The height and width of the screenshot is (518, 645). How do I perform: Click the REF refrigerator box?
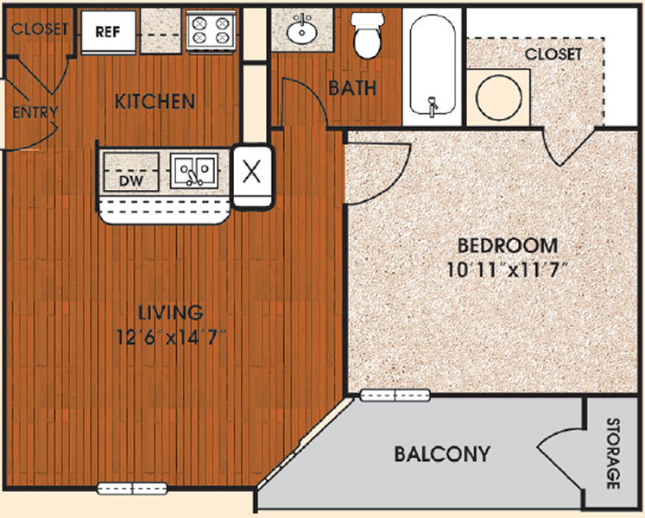tap(108, 32)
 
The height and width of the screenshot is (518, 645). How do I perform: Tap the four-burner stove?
tap(211, 30)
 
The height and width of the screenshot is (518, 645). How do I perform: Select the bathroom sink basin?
tap(302, 30)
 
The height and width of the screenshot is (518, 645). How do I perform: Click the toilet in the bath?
tap(368, 35)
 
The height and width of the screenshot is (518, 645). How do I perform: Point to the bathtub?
tap(433, 65)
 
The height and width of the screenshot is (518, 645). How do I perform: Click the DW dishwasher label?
tap(131, 180)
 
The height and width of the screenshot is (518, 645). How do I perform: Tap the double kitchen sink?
tap(194, 171)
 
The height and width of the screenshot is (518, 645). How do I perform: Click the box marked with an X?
tap(252, 175)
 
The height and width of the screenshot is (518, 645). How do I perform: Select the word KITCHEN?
tap(155, 102)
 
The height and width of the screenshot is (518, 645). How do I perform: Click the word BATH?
tap(352, 88)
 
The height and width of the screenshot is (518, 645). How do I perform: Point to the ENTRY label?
tap(35, 112)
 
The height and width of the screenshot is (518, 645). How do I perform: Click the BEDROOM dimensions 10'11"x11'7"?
tap(507, 271)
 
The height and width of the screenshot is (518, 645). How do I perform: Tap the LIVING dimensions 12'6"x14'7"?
tap(172, 338)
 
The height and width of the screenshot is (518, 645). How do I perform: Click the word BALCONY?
tap(443, 454)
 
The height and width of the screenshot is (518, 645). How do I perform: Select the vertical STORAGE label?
tap(613, 453)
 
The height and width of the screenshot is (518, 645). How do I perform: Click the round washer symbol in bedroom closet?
tap(498, 98)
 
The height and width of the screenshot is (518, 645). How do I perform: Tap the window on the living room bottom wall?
tap(132, 489)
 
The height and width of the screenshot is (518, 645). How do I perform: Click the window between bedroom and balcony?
tap(395, 395)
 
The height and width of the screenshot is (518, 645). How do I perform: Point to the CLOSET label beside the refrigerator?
tap(40, 28)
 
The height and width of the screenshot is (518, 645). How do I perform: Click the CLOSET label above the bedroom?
tap(553, 54)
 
